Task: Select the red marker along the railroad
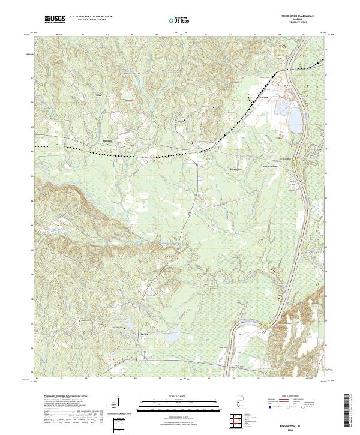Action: point(192,143)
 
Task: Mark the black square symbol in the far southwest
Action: point(79,322)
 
